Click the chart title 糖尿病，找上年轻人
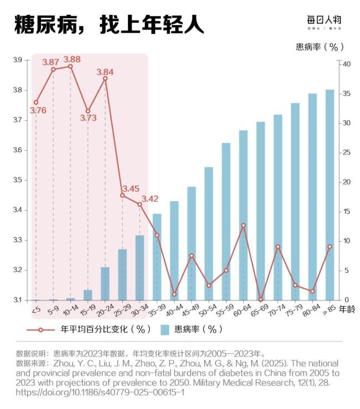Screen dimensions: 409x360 point(109,24)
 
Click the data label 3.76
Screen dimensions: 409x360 point(38,110)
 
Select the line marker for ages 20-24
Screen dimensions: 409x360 point(105,78)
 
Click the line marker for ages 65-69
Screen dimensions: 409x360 point(260,299)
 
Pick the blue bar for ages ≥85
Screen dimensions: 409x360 point(330,195)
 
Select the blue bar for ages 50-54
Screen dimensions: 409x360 point(209,233)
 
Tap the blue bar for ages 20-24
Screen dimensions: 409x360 point(105,283)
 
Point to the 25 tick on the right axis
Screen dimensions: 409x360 point(346,152)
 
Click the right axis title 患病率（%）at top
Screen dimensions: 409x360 point(320,47)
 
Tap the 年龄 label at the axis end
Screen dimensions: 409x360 point(347,308)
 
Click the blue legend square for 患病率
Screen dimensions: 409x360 point(164,330)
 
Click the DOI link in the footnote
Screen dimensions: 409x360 point(100,392)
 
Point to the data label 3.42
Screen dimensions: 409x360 point(150,199)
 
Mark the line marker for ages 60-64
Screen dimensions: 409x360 point(243,226)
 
